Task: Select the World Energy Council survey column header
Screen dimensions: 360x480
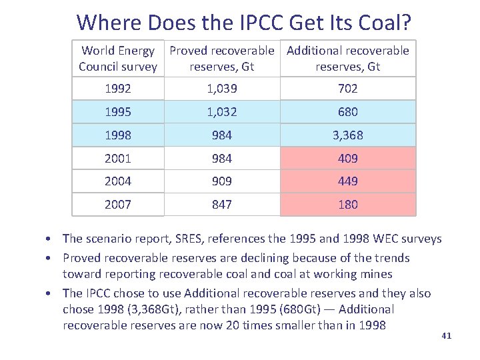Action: point(118,59)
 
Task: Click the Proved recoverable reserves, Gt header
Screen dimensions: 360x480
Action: point(221,59)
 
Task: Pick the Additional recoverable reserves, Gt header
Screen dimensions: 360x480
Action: point(348,59)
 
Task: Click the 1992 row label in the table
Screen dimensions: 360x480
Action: point(118,89)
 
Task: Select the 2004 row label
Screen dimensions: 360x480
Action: point(118,181)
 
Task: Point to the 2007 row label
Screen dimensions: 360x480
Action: point(118,205)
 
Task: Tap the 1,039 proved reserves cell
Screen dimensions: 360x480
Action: point(221,89)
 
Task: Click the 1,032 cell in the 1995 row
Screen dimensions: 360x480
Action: point(221,112)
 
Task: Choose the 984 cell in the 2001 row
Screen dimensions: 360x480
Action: point(221,159)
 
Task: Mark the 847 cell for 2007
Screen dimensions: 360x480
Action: point(221,205)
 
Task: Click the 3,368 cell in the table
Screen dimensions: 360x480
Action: point(348,135)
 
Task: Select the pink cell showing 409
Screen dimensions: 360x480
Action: point(348,159)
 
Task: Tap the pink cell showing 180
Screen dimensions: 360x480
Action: point(348,205)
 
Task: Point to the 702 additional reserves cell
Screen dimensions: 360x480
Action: point(348,89)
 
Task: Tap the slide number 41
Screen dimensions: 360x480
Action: point(446,335)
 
